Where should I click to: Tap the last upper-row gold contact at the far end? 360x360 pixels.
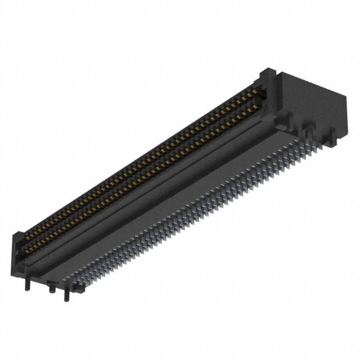click(260, 90)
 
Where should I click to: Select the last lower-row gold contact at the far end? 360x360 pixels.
click(261, 100)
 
